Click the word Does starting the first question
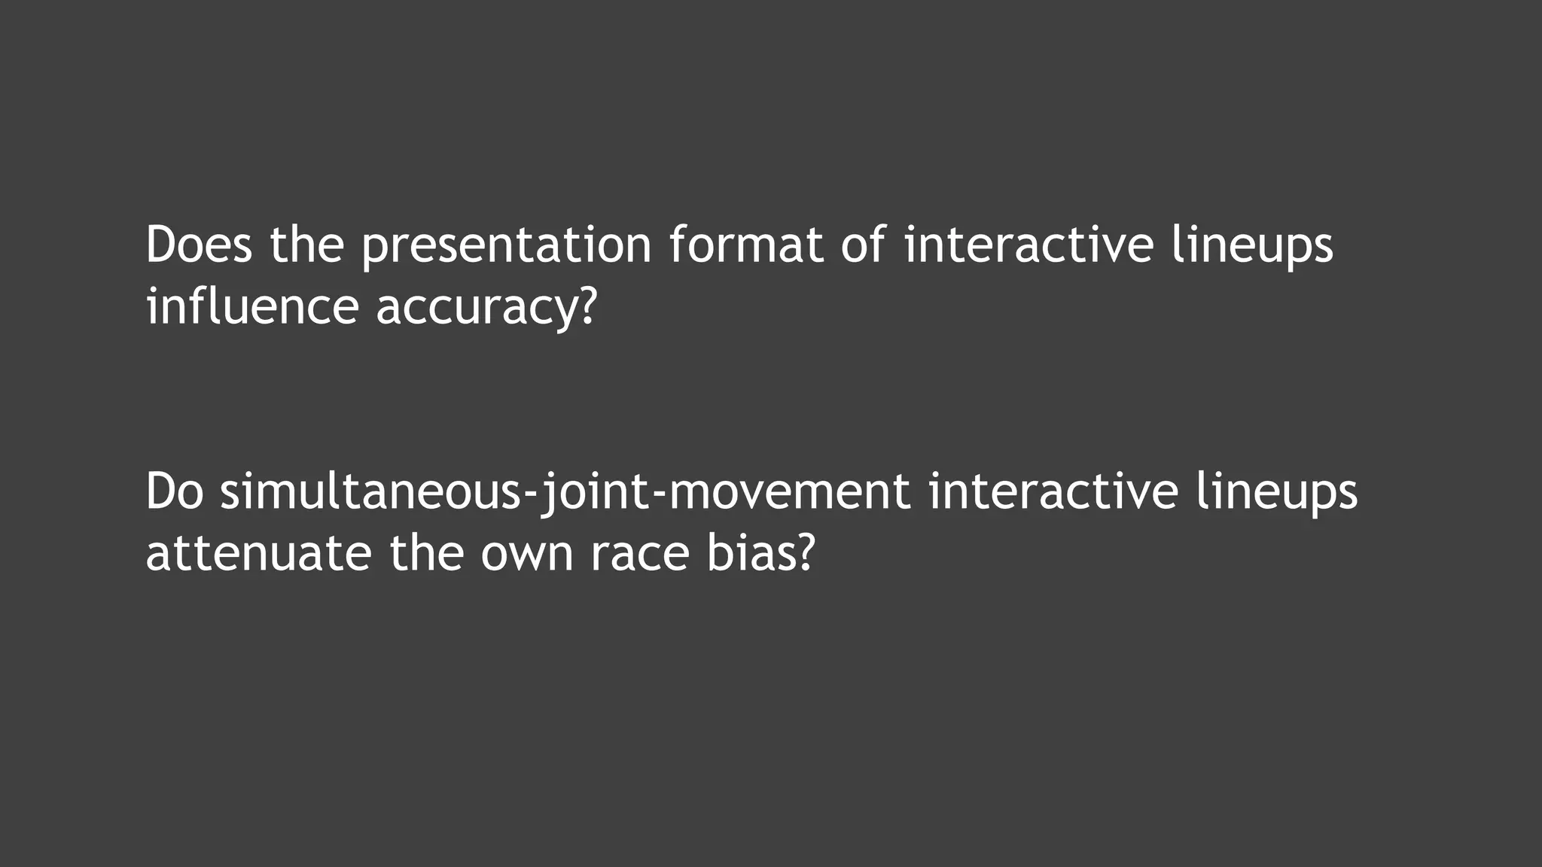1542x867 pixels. pos(199,245)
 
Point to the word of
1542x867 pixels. pos(863,245)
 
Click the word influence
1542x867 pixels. pos(252,307)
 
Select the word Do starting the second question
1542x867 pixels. pos(175,492)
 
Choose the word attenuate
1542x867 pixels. pos(258,554)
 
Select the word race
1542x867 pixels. pos(640,554)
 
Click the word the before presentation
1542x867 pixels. pos(306,245)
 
